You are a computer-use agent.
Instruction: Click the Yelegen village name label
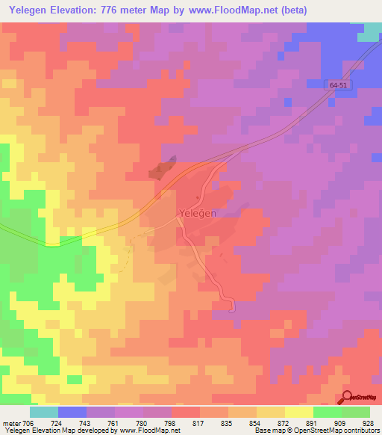point(198,213)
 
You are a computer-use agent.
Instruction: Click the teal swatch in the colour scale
point(44,412)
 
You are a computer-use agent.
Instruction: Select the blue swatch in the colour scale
point(72,412)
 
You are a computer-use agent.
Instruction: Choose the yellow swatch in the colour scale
point(298,412)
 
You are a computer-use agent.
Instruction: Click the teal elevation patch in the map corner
point(370,31)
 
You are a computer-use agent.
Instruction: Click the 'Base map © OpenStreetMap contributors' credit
point(316,431)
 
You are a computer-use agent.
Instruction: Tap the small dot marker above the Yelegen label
point(197,198)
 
